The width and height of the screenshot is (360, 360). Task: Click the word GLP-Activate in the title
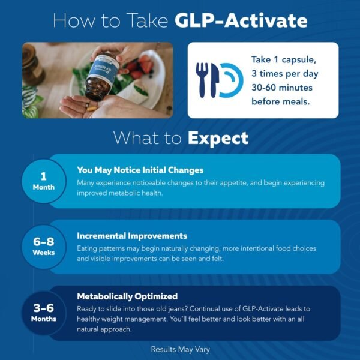(241, 21)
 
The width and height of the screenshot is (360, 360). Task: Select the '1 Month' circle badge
(43, 181)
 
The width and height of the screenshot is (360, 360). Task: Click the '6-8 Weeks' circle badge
(43, 247)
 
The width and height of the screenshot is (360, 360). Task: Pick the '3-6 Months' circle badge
(43, 313)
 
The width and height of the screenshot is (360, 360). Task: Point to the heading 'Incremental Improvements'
(132, 236)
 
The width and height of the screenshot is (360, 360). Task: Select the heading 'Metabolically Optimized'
(127, 296)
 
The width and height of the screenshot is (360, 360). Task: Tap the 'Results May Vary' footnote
(180, 348)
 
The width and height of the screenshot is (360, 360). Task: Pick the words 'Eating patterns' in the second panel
(105, 248)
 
